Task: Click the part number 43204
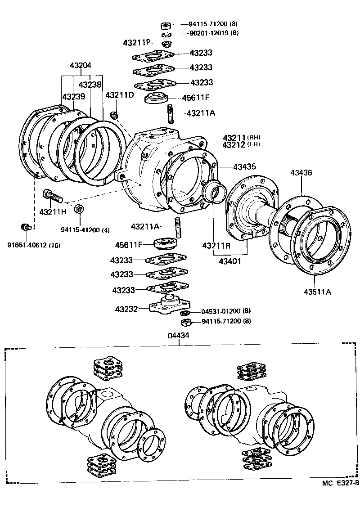coord(81,65)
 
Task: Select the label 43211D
coord(120,95)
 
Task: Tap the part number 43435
coord(244,167)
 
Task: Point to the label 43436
coord(301,173)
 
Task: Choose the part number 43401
coord(230,260)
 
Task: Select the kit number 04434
coord(179,336)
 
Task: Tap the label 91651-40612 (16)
coord(34,245)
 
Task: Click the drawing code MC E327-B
coord(340,483)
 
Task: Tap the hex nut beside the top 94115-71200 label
coord(166,25)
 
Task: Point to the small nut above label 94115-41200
coord(79,209)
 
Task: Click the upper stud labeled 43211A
coord(171,113)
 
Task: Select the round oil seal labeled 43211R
coord(213,192)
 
